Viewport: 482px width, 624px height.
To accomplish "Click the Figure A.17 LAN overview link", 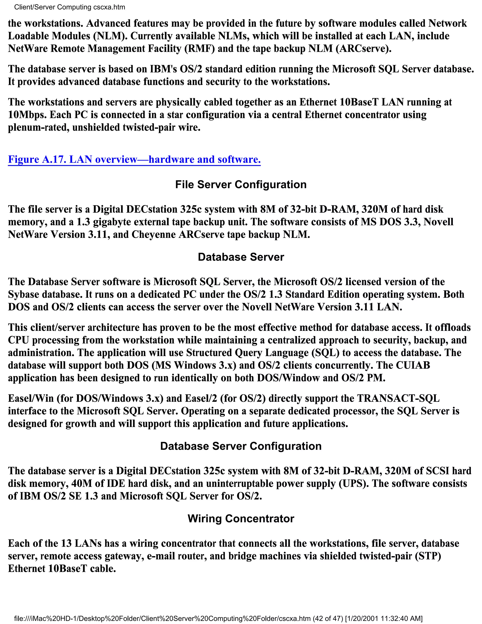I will pos(134,159).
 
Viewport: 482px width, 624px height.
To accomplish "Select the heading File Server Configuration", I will pos(241,185).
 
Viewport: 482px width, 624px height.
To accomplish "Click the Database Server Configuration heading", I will pos(241,446).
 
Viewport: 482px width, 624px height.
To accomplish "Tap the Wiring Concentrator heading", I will pos(241,519).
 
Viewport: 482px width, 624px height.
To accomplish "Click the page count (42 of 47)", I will pos(328,619).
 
